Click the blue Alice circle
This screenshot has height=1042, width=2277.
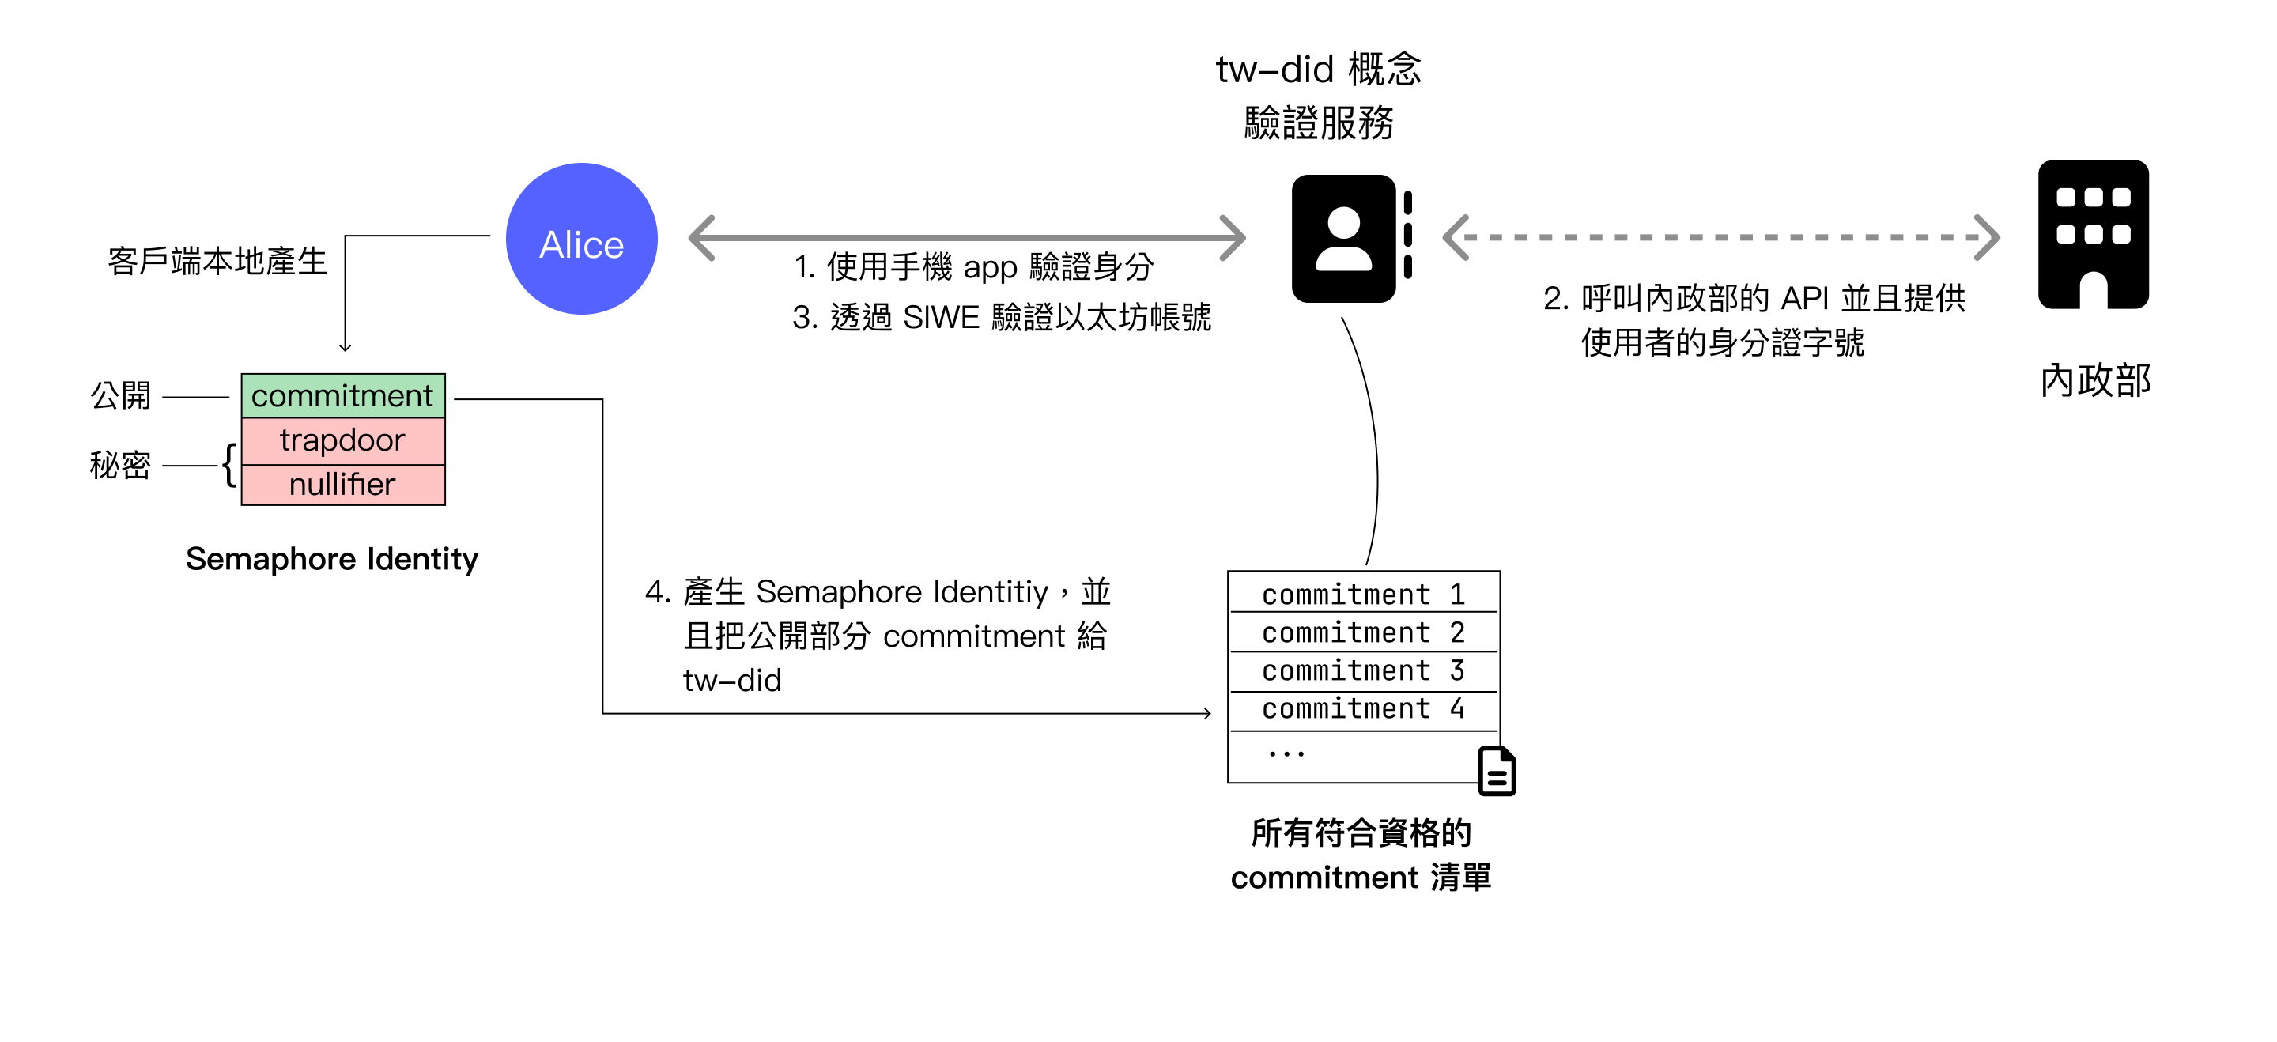pos(581,239)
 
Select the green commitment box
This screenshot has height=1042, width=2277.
pos(343,395)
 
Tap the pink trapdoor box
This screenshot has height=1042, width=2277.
pos(343,440)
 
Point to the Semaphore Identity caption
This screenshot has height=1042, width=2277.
pos(331,559)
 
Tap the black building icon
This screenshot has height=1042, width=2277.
pos(2092,234)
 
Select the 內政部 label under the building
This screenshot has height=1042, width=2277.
pos(2094,381)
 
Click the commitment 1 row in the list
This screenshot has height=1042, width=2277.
pos(1362,595)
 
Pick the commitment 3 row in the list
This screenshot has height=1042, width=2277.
pos(1362,670)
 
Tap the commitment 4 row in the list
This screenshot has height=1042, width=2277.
pos(1362,709)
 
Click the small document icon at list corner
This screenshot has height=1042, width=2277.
pos(1497,772)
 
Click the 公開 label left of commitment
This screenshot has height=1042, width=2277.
pos(121,395)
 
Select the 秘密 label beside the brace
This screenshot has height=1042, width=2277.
pos(120,465)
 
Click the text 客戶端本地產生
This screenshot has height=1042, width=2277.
pos(217,262)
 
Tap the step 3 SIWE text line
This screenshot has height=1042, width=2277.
pos(1001,317)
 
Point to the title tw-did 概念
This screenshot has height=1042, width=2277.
pos(1318,69)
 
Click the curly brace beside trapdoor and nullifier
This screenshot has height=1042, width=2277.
pos(229,465)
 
